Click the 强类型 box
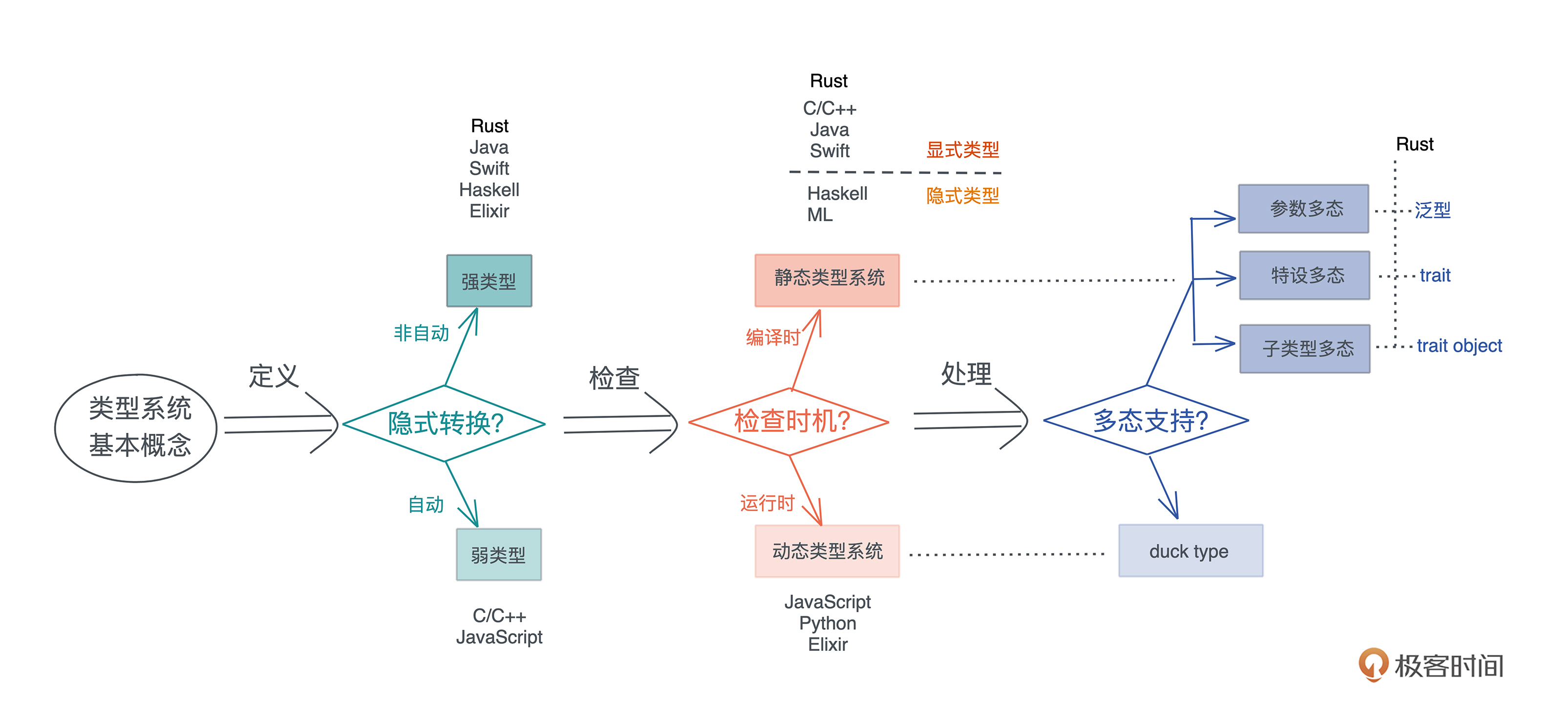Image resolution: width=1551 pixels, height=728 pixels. [x=489, y=280]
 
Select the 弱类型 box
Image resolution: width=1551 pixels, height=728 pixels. [x=499, y=554]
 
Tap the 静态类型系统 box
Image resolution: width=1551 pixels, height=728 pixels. [x=827, y=280]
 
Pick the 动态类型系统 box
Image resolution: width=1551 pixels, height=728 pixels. [x=827, y=551]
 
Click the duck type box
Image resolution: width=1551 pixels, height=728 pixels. [x=1190, y=550]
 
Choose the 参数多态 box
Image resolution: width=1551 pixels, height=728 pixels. [x=1303, y=208]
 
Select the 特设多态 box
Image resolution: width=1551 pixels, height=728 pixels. [x=1304, y=275]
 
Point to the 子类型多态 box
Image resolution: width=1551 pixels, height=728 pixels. [x=1305, y=348]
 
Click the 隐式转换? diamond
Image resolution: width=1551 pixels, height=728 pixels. [x=445, y=423]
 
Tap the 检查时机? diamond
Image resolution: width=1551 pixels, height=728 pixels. [x=789, y=422]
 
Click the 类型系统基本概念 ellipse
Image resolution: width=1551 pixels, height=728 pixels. [x=137, y=428]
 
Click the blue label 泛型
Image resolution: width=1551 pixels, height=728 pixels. [x=1432, y=210]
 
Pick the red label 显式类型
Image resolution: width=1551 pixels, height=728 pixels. [x=962, y=150]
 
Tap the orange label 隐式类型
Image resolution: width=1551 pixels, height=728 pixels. [x=962, y=195]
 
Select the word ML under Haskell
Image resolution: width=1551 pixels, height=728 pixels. [x=819, y=214]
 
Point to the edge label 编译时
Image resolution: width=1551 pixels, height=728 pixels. [x=772, y=337]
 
